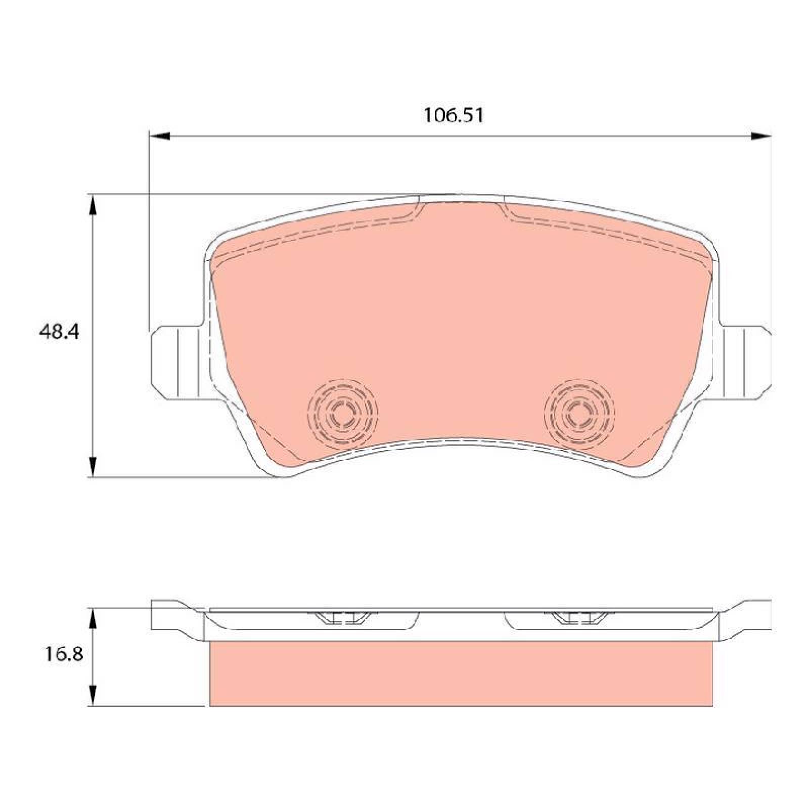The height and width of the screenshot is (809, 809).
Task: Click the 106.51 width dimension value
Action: coord(453,116)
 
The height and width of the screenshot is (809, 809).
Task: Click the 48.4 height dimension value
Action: coord(59,332)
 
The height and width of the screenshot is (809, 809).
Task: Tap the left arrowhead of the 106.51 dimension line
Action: coord(160,136)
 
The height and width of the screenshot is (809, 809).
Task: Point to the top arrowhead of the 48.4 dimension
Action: coord(93,205)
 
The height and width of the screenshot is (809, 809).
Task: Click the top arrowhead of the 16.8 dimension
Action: coord(93,618)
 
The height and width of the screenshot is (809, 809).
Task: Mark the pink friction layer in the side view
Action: coord(461,673)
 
